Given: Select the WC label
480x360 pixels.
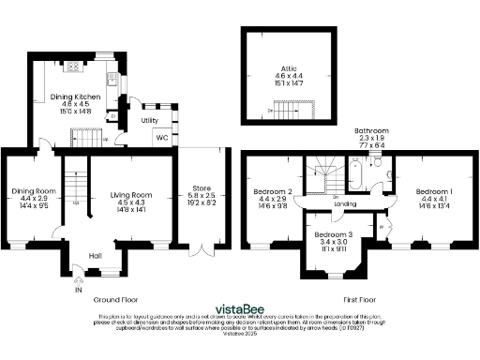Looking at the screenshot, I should pyautogui.click(x=161, y=139).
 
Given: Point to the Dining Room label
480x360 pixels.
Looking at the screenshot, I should pyautogui.click(x=28, y=191).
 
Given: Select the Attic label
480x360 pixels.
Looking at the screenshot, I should pyautogui.click(x=287, y=68).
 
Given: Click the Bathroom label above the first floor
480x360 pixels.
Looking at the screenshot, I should pyautogui.click(x=371, y=130).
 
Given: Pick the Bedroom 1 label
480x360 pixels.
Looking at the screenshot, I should pyautogui.click(x=434, y=191).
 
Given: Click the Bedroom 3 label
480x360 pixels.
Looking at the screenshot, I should pyautogui.click(x=334, y=233).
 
